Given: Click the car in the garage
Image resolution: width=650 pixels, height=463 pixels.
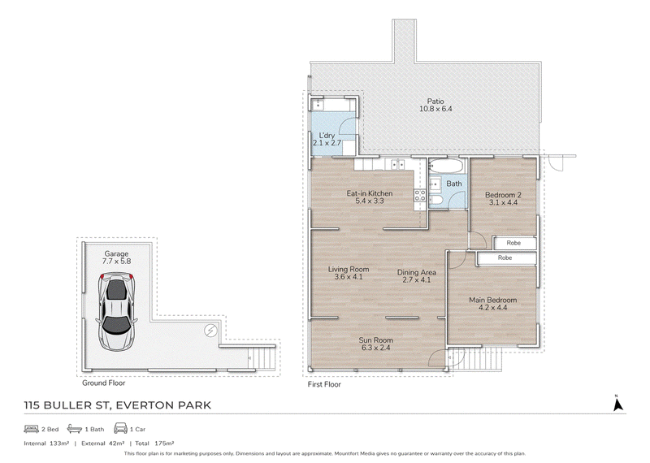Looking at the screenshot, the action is [117, 312].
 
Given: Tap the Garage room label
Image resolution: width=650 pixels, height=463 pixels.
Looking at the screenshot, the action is [116, 257].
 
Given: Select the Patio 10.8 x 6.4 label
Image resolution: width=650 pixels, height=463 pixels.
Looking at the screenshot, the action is [435, 105].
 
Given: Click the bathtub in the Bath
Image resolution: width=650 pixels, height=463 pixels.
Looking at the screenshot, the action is [445, 167].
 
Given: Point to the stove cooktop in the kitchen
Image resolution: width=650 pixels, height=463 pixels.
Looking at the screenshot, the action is [420, 195].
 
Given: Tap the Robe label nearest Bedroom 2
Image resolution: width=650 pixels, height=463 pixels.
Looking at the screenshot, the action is [513, 243].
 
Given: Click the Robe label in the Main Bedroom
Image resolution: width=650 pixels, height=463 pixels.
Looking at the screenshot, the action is [505, 257].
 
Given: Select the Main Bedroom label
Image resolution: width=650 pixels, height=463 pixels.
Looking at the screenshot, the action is [493, 304].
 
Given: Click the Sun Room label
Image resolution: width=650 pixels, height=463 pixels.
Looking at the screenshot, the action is [376, 344].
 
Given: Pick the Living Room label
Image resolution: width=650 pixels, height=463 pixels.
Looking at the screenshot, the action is [349, 273].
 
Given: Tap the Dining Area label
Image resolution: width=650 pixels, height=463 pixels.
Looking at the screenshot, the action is [417, 276].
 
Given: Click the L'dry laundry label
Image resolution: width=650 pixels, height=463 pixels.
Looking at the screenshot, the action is [327, 139].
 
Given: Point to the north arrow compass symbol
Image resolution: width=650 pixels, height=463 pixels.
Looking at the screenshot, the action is [617, 404].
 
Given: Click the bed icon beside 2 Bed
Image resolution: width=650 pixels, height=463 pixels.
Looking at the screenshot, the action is [32, 429].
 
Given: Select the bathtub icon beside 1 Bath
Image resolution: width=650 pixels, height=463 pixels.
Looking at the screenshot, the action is [75, 428].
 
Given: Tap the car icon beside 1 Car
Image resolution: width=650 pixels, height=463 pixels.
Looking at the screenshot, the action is [120, 428].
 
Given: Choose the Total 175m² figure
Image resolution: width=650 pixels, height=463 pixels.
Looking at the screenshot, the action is [154, 444].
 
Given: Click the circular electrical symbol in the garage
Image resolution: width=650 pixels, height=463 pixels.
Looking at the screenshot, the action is [211, 331].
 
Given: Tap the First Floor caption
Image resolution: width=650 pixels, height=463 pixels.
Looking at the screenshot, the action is [324, 384].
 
